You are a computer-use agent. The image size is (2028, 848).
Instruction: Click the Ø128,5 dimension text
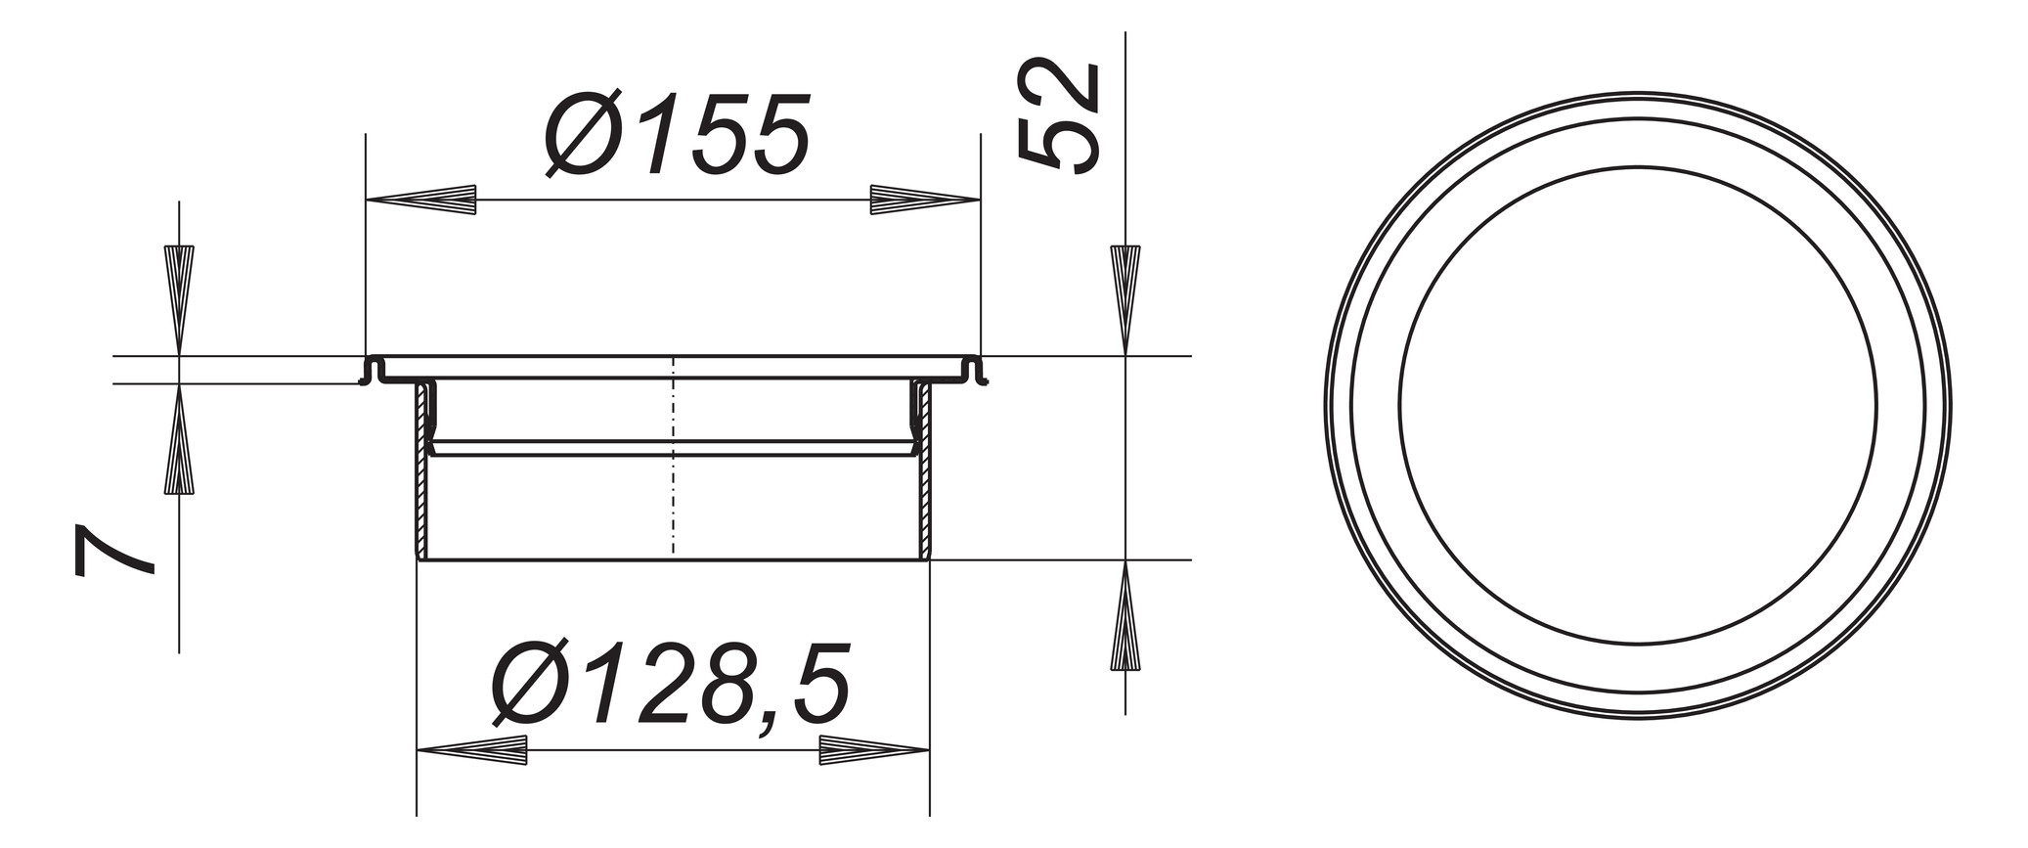(x=670, y=686)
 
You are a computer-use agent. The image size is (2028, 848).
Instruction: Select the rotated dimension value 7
(x=114, y=550)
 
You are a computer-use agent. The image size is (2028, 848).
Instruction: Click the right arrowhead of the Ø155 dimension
(x=924, y=200)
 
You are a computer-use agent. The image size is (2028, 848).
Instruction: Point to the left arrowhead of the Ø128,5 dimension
(x=472, y=750)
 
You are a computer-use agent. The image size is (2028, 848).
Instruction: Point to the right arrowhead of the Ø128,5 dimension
(x=873, y=750)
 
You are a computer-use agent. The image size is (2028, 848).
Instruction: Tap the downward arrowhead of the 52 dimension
(x=1125, y=298)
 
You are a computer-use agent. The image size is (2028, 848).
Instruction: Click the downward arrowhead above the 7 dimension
(x=179, y=298)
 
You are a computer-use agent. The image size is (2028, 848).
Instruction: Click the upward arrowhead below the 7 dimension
(x=179, y=440)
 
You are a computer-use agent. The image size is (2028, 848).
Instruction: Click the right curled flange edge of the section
(x=974, y=371)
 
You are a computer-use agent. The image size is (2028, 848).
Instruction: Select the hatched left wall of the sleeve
(x=421, y=469)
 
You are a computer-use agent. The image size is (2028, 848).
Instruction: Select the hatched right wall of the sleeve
(x=924, y=469)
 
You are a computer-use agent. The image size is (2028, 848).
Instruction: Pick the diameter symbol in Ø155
(x=583, y=135)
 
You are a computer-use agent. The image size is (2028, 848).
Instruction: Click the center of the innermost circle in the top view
(x=1638, y=405)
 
